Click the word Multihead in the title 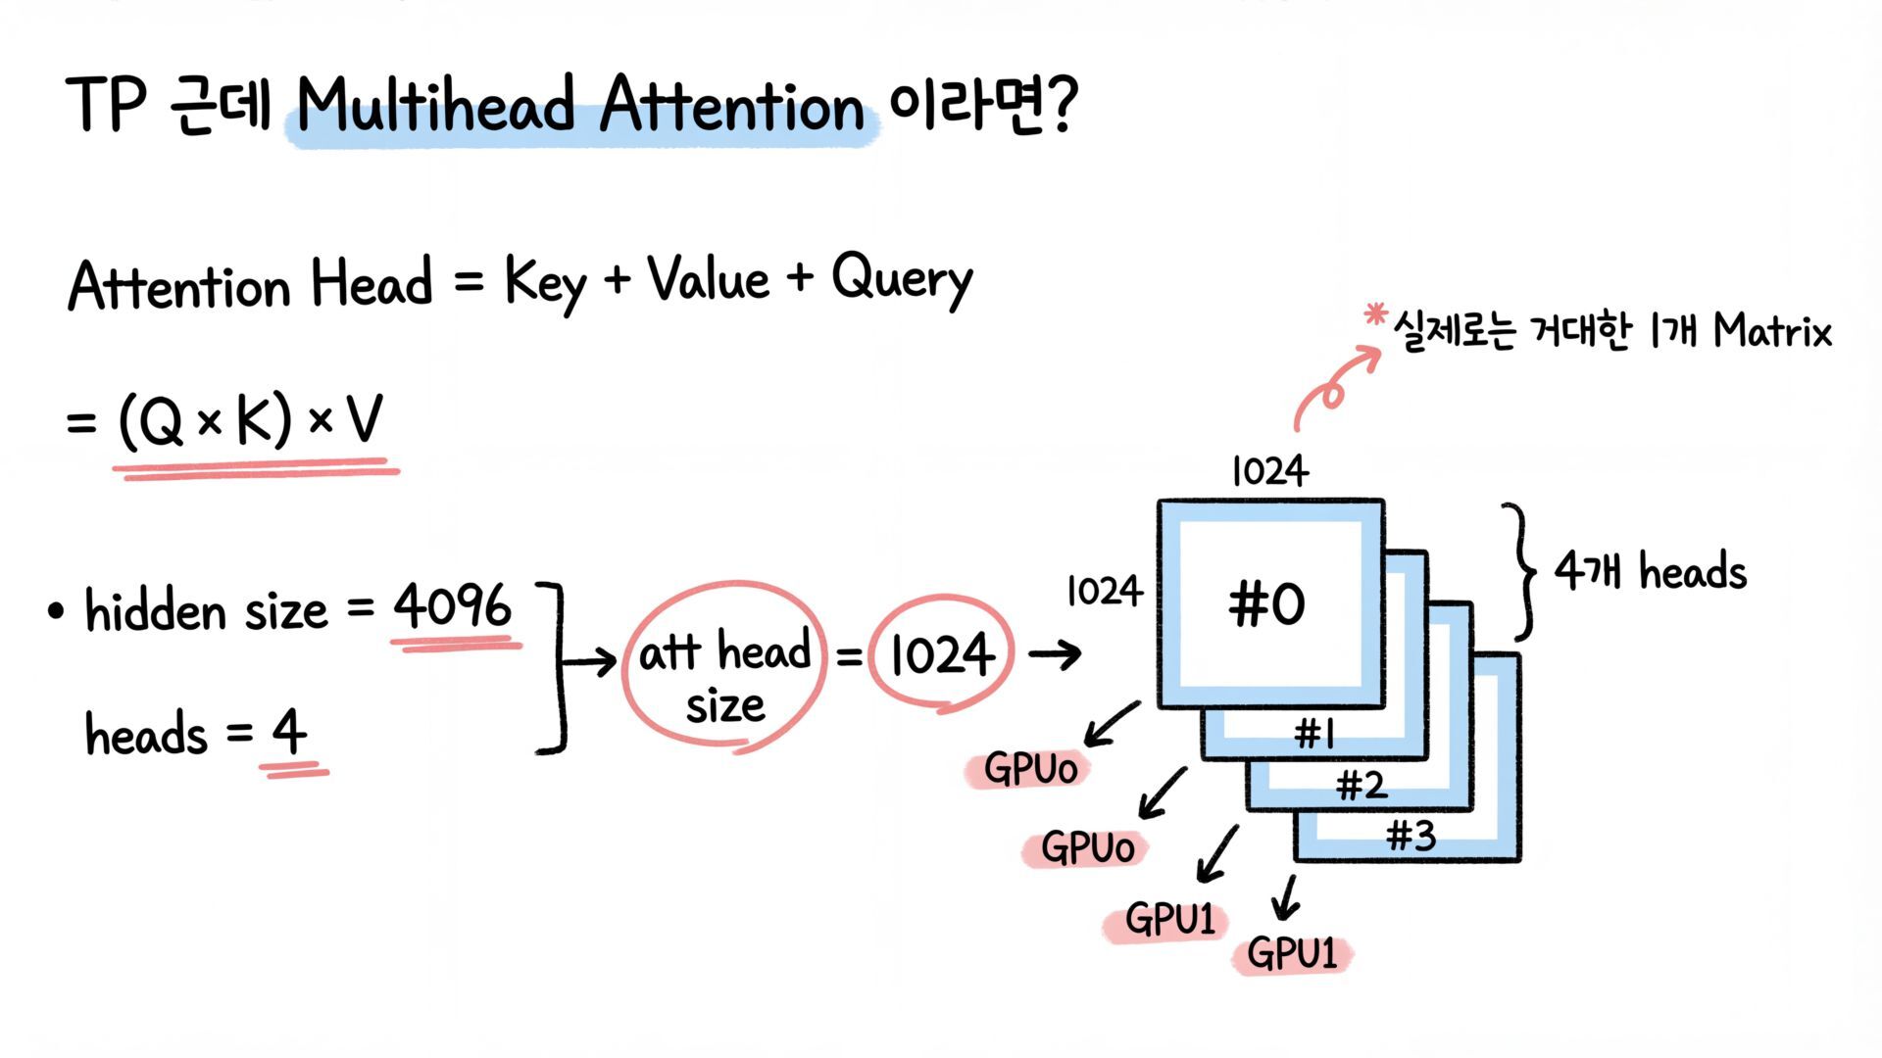coord(435,104)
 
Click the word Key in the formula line coord(545,282)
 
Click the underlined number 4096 coord(452,606)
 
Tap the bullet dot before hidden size coord(56,612)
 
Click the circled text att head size coord(724,676)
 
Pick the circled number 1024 coord(941,654)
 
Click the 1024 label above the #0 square coord(1269,471)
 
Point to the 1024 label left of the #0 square coord(1104,591)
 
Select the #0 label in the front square coord(1266,603)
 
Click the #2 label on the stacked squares coord(1362,785)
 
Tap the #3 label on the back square coord(1411,836)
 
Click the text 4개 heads coord(1651,572)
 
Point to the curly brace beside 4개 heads coord(1520,572)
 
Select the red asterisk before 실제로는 coord(1375,315)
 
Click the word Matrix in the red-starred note coord(1772,331)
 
